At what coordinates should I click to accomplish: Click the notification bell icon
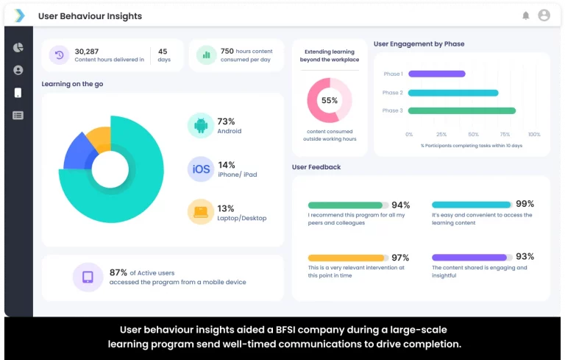tap(525, 15)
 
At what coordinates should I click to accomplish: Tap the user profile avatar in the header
tap(544, 15)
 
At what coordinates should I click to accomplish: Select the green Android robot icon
tap(201, 125)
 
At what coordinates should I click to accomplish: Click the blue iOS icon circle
tap(201, 169)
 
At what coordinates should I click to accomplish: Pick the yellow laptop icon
tap(201, 212)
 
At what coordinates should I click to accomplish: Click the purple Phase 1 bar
tap(436, 74)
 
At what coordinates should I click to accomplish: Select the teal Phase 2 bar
tap(452, 93)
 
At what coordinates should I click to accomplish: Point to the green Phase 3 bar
tap(461, 111)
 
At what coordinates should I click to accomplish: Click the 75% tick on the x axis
tap(505, 135)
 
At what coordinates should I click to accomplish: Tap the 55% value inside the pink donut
tap(329, 100)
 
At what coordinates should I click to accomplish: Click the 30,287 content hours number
tap(86, 52)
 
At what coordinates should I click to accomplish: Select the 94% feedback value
tap(400, 205)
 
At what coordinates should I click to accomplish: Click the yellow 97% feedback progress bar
tap(347, 258)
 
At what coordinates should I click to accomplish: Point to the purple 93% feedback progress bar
tap(469, 258)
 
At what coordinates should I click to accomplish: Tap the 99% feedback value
tap(525, 204)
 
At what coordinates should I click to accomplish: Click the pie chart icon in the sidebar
tap(18, 47)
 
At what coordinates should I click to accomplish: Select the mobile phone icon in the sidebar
tap(18, 93)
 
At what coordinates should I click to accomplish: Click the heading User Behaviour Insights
tap(90, 16)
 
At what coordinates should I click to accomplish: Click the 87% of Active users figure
tap(118, 272)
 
